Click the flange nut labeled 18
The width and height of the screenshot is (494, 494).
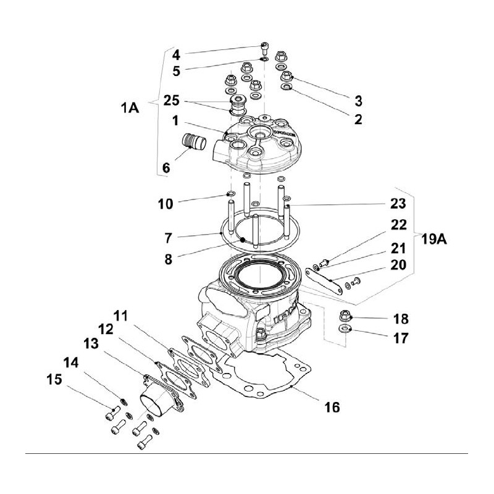345,317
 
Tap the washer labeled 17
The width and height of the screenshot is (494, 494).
345,329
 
